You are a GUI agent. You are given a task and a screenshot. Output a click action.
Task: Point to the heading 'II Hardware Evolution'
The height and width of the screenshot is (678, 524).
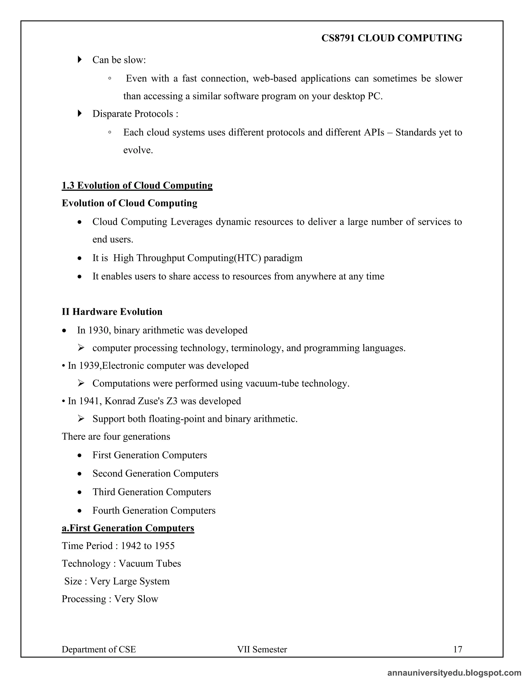pyautogui.click(x=112, y=311)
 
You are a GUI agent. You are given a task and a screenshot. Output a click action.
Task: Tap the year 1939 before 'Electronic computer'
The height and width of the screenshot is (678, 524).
pyautogui.click(x=89, y=365)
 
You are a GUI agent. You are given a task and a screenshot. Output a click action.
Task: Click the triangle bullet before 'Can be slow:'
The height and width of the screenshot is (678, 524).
pyautogui.click(x=80, y=59)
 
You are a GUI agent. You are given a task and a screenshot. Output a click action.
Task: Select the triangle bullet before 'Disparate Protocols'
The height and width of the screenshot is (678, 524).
pyautogui.click(x=80, y=113)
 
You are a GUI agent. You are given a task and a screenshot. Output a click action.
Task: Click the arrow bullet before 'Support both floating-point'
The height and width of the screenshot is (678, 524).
pyautogui.click(x=81, y=419)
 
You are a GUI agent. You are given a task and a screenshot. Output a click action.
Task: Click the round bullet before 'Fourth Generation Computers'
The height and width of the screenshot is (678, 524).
pyautogui.click(x=80, y=511)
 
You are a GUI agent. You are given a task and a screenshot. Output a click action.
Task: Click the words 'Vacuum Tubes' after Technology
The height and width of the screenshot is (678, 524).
pyautogui.click(x=150, y=563)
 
